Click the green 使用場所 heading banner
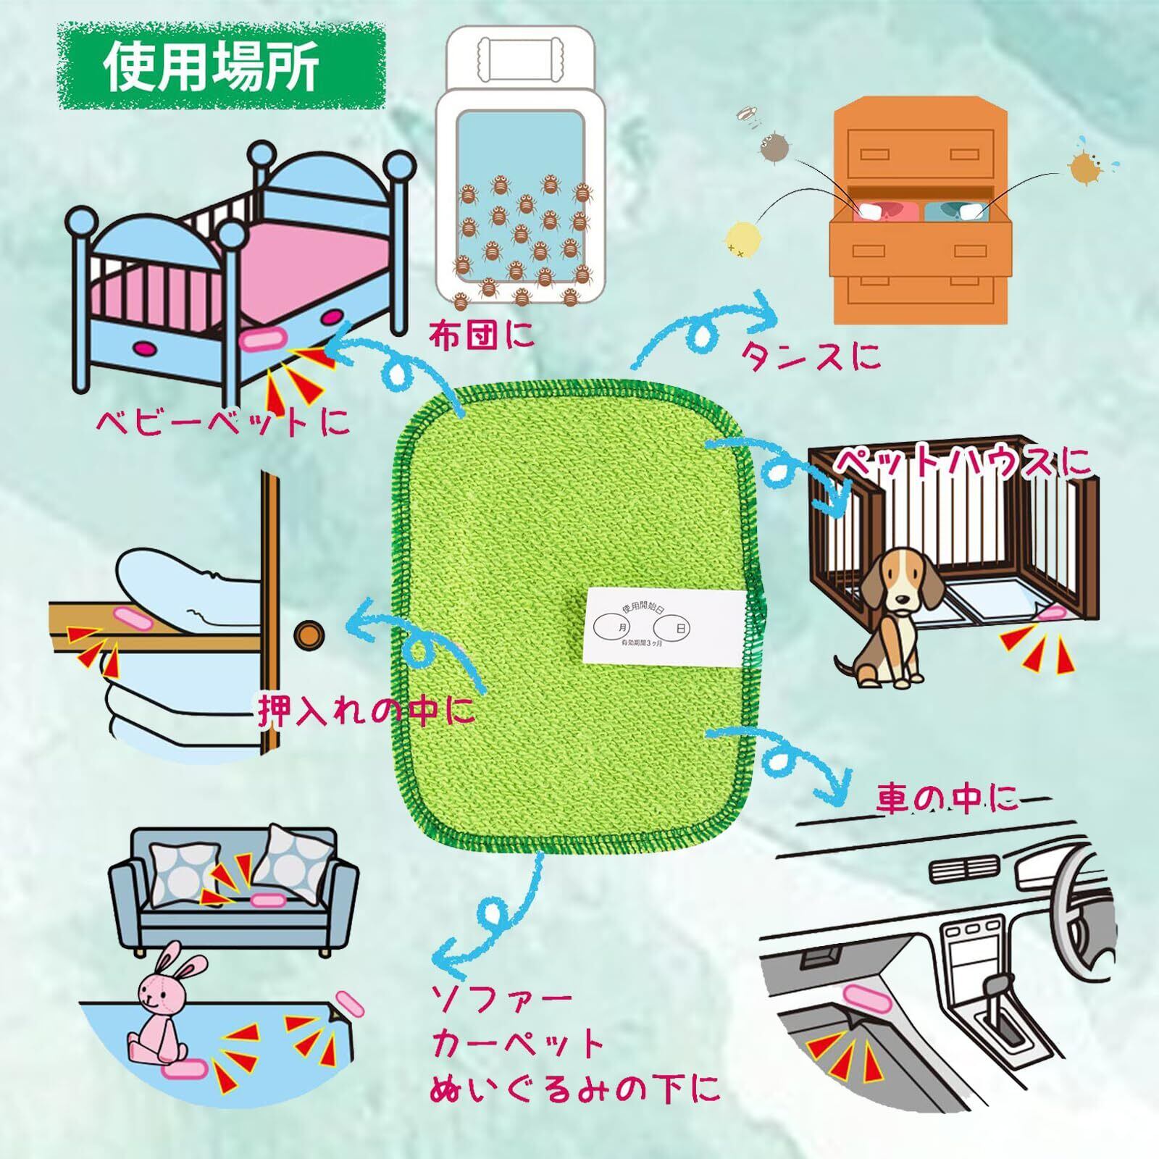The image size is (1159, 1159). click(x=221, y=67)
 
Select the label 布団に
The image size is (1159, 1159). click(x=481, y=335)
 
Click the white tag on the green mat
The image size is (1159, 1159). click(x=662, y=624)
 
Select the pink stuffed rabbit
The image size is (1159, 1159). click(x=163, y=1007)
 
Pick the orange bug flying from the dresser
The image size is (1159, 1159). click(x=1082, y=167)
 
